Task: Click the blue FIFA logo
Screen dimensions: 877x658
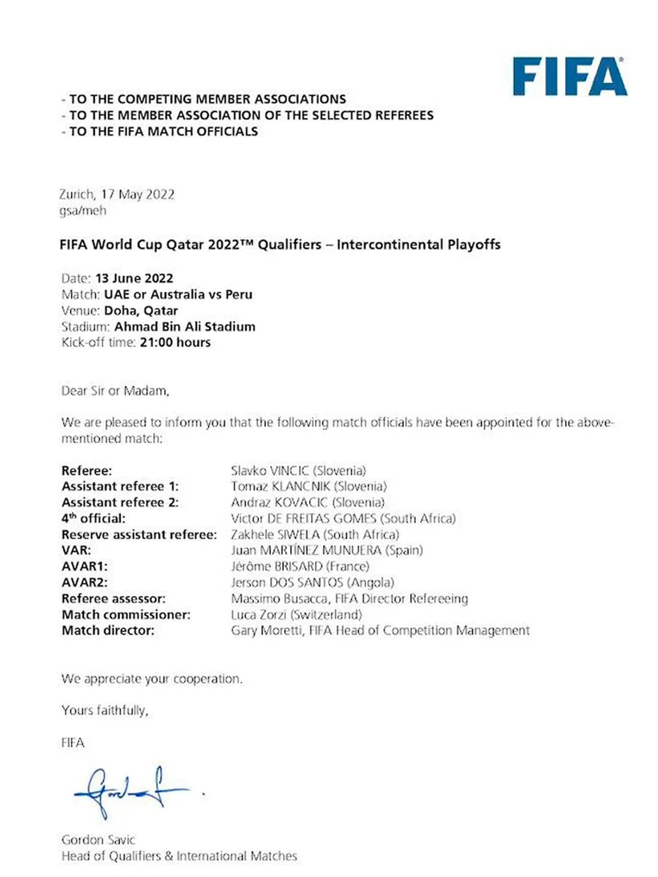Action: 569,77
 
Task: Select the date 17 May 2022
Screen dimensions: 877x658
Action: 138,195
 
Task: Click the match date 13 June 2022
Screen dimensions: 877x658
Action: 134,278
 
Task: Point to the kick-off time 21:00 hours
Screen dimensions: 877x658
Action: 175,343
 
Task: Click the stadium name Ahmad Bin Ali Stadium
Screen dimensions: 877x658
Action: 185,327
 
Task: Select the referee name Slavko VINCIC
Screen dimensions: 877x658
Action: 270,471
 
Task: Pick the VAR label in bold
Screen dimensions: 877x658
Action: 76,550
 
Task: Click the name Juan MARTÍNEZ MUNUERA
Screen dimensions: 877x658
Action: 306,550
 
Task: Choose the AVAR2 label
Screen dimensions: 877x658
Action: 84,582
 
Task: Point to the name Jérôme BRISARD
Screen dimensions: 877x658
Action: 276,566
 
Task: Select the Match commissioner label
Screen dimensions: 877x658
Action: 126,614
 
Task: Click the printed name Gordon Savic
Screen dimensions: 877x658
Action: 98,840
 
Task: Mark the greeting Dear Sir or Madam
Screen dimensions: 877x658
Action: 115,391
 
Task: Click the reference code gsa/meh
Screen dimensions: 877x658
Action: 82,211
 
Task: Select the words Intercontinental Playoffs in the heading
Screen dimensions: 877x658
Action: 418,244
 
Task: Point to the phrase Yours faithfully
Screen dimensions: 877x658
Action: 105,710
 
